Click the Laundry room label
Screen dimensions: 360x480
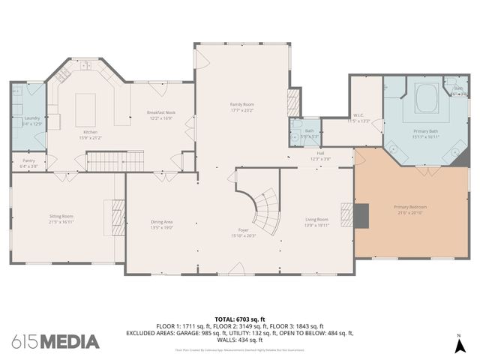point(31,118)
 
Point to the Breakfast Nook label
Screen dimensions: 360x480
point(160,112)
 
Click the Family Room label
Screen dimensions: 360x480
point(241,104)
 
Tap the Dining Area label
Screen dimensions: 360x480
point(163,221)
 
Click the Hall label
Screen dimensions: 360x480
point(319,153)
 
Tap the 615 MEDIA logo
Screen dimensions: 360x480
point(55,341)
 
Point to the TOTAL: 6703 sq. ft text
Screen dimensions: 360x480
point(240,319)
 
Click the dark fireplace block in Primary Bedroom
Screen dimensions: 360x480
point(362,215)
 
